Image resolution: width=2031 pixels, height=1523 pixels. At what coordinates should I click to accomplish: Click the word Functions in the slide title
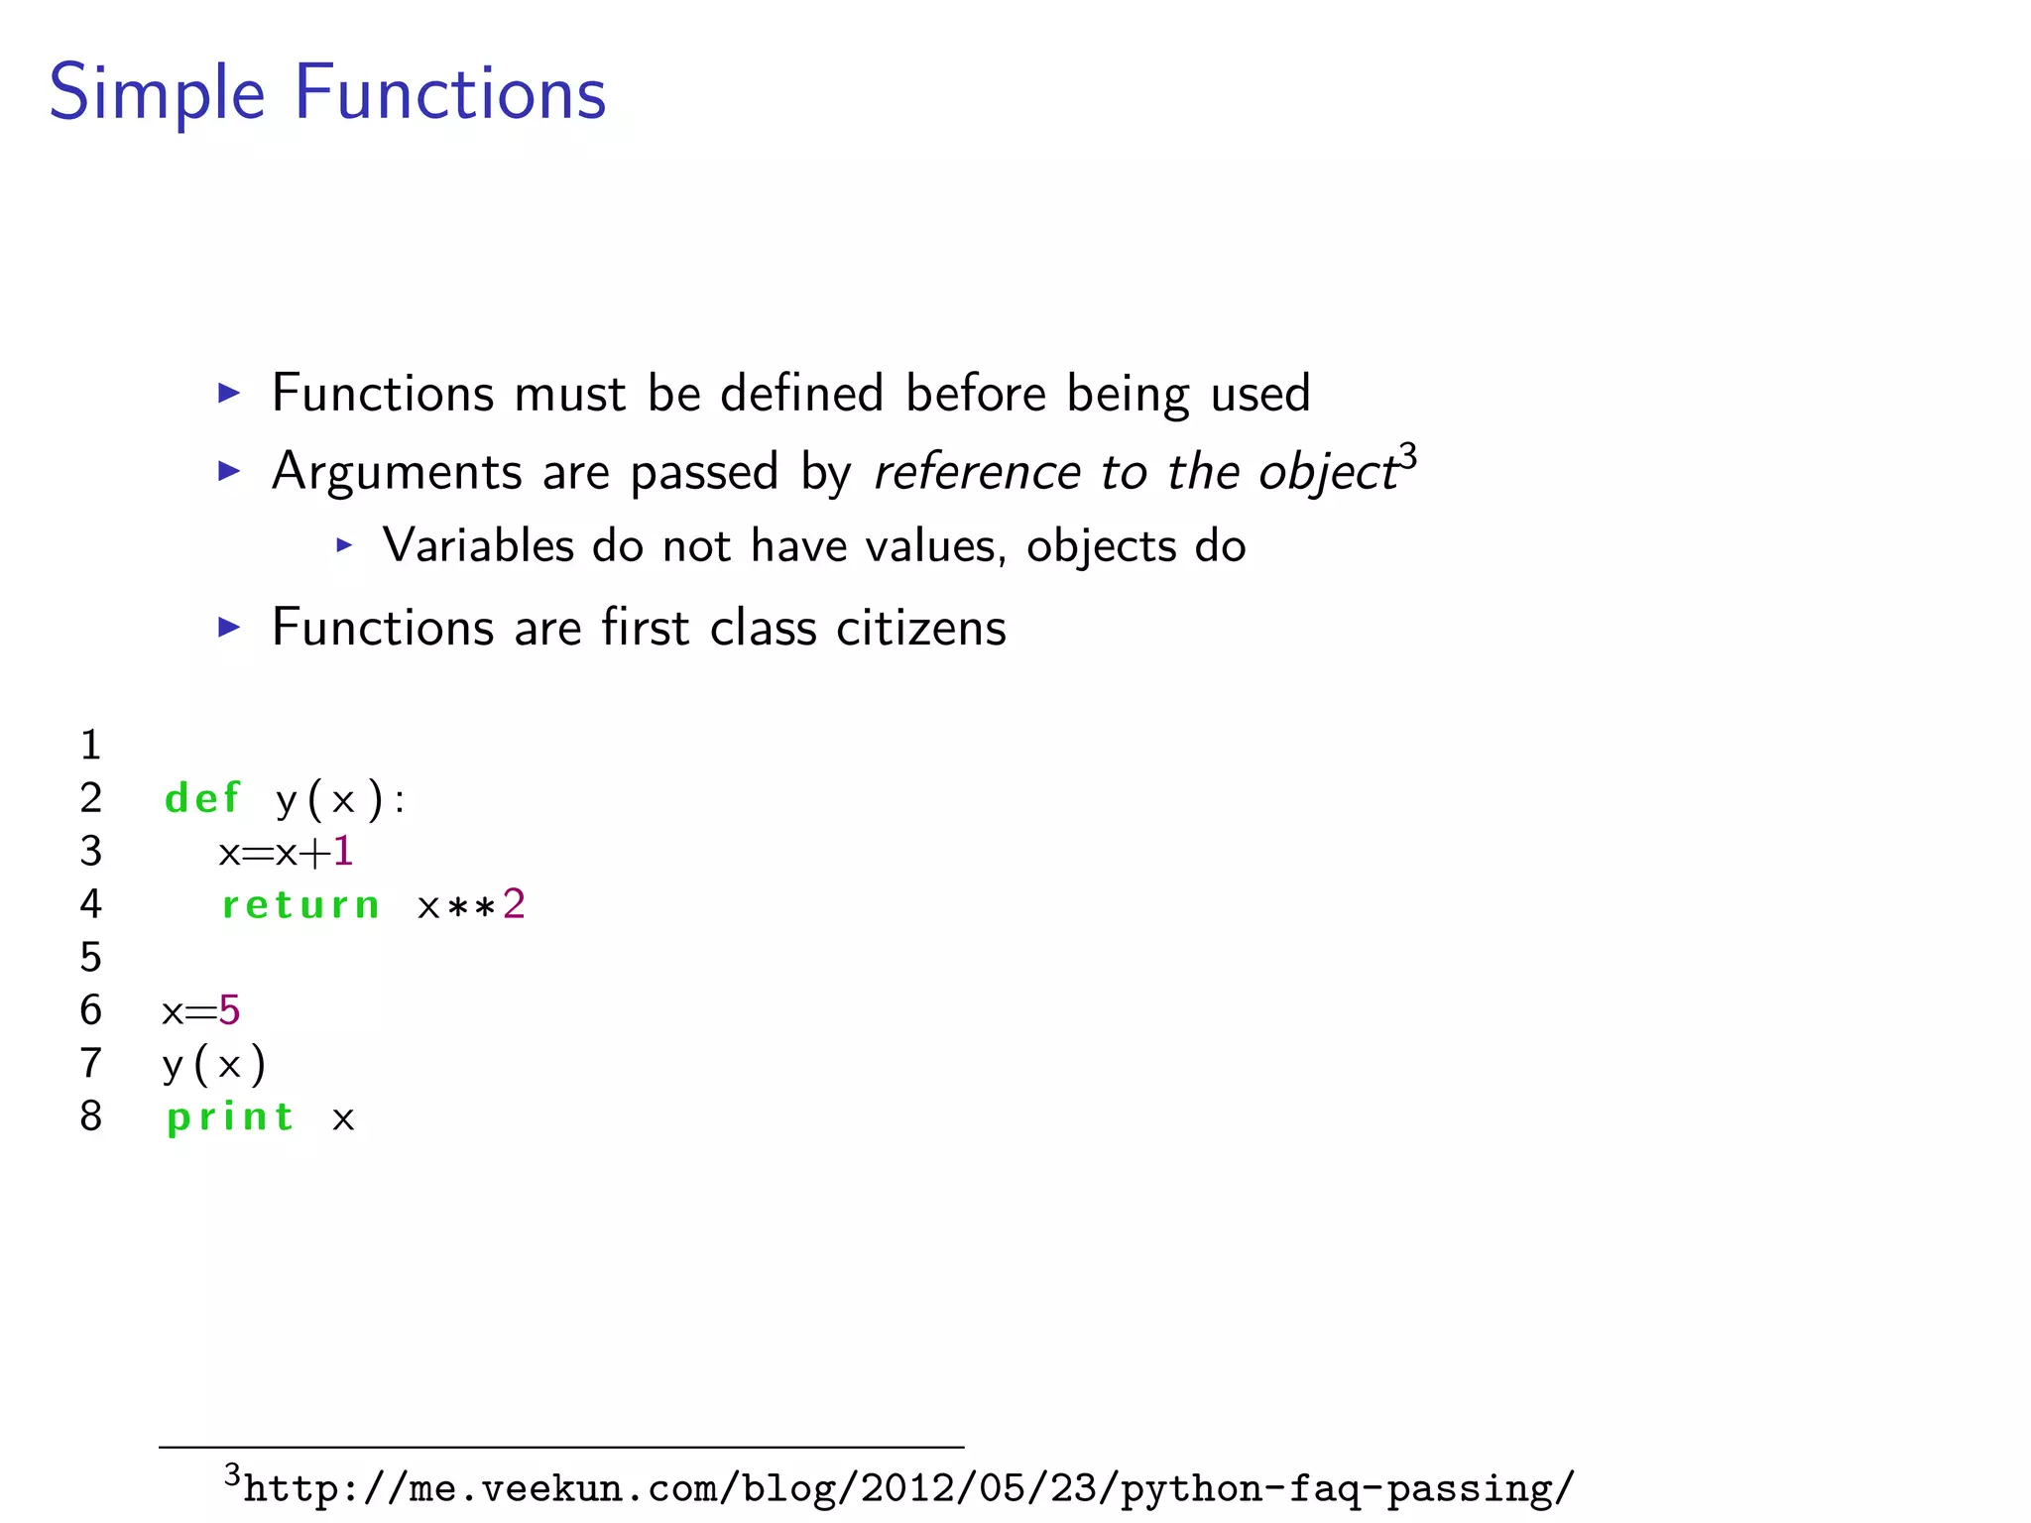click(x=450, y=92)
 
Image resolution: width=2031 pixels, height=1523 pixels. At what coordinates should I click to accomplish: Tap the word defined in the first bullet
click(x=801, y=393)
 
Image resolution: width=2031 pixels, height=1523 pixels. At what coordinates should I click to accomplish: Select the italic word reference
click(x=976, y=471)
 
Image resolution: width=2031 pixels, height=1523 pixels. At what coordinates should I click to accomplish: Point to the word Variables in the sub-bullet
click(x=479, y=545)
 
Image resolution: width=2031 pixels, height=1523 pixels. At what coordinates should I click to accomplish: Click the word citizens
click(x=920, y=628)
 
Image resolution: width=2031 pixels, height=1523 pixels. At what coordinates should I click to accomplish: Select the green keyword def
click(x=202, y=798)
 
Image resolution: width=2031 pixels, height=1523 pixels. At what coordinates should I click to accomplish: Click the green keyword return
click(x=300, y=904)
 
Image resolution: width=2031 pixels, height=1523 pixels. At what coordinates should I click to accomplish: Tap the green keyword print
click(x=230, y=1117)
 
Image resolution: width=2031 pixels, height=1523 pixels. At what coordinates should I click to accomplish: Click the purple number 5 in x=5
click(x=229, y=1010)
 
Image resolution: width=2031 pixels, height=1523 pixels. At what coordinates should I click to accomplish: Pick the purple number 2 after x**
click(x=514, y=903)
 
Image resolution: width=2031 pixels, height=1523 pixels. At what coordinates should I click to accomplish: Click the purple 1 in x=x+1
click(x=343, y=851)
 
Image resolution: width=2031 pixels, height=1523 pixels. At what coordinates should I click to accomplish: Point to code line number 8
click(x=91, y=1116)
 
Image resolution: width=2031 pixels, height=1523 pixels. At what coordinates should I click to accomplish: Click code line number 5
click(x=91, y=957)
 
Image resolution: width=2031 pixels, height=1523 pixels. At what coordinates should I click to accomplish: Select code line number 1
click(x=91, y=745)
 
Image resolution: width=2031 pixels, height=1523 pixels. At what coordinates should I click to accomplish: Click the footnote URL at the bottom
click(x=908, y=1488)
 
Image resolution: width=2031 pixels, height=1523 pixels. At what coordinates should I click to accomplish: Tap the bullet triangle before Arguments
click(x=229, y=471)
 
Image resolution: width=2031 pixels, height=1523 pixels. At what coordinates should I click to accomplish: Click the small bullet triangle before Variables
click(x=344, y=544)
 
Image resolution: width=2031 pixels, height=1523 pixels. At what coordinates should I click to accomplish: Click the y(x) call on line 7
click(x=214, y=1064)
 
